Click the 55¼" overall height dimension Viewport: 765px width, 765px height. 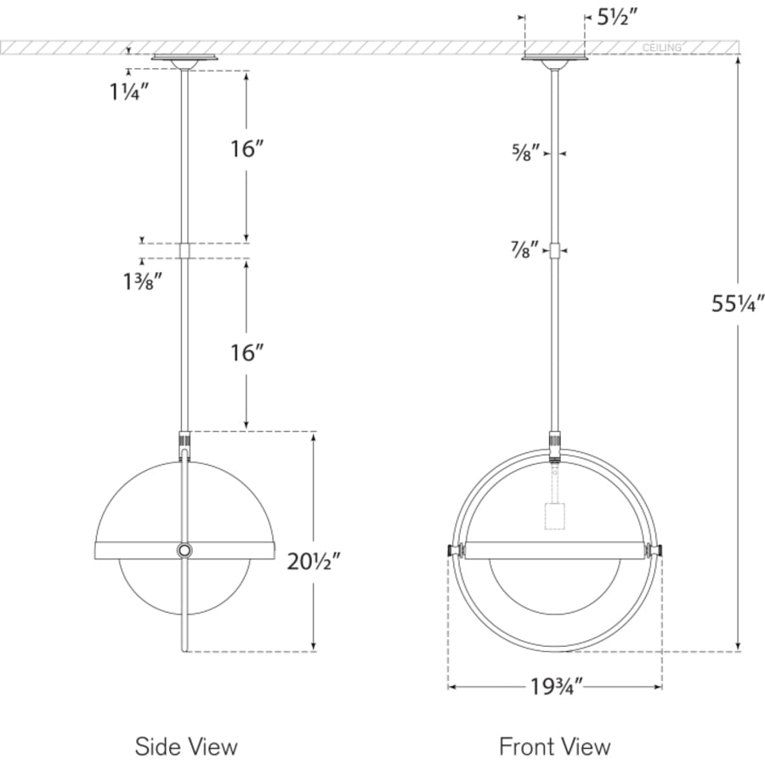click(x=737, y=303)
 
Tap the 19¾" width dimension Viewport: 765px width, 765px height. click(x=557, y=687)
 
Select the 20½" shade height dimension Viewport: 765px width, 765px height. click(x=313, y=562)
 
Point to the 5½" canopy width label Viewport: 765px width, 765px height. click(x=617, y=18)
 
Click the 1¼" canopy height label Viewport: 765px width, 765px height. click(x=129, y=92)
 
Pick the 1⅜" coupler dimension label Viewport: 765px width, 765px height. click(x=143, y=281)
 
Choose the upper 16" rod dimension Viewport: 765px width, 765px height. click(x=246, y=149)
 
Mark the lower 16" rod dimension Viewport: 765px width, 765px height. click(x=246, y=353)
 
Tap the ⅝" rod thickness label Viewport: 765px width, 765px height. click(x=526, y=153)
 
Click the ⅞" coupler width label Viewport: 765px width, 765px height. click(x=524, y=250)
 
